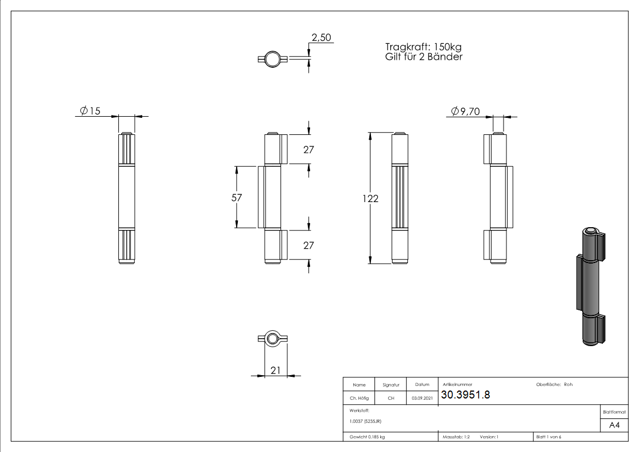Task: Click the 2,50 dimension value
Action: click(x=320, y=38)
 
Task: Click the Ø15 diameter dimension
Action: click(x=90, y=111)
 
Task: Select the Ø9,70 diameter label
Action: click(x=466, y=112)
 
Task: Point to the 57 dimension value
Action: click(x=237, y=198)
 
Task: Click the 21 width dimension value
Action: click(x=275, y=370)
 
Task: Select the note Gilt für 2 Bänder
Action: click(x=423, y=57)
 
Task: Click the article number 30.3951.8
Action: click(x=465, y=395)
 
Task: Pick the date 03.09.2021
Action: click(x=422, y=398)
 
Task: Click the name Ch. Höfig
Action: click(x=359, y=398)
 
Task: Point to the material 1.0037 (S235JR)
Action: click(x=365, y=421)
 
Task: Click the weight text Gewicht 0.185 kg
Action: click(x=367, y=437)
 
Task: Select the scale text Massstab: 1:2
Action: click(x=456, y=437)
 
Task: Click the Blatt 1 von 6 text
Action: click(x=549, y=437)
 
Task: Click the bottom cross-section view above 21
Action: click(x=273, y=339)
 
